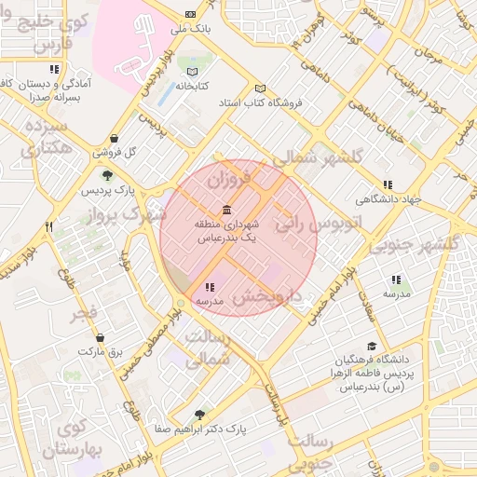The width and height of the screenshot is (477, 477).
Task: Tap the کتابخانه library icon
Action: [193, 72]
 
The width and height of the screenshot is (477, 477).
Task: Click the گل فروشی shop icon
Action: [114, 139]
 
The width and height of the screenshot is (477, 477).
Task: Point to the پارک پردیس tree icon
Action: [108, 174]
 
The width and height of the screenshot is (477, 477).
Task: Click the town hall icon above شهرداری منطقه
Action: [225, 209]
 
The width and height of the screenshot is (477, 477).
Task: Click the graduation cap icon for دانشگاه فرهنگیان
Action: [371, 345]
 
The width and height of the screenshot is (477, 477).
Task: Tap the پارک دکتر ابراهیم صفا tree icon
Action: [199, 415]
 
